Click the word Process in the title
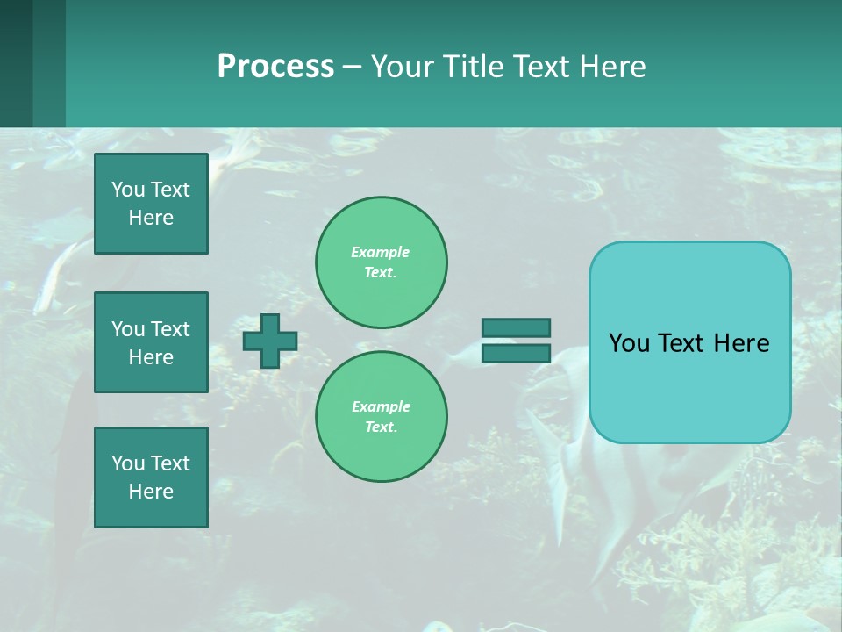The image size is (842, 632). (275, 67)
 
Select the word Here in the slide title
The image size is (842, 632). (611, 67)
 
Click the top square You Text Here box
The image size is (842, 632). (151, 204)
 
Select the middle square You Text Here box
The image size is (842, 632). (151, 342)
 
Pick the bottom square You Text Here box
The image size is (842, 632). (151, 478)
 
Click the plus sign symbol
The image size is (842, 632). (270, 341)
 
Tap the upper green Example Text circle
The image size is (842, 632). (382, 262)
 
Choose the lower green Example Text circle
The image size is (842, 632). (382, 417)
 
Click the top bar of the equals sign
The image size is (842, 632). (516, 327)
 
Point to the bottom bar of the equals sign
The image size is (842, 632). (516, 353)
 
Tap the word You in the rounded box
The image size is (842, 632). (629, 343)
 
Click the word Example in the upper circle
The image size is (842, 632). (380, 252)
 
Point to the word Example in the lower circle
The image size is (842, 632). (381, 406)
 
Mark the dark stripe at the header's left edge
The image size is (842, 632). (16, 63)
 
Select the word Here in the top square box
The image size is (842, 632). (151, 218)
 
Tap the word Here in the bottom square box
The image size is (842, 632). (151, 492)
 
